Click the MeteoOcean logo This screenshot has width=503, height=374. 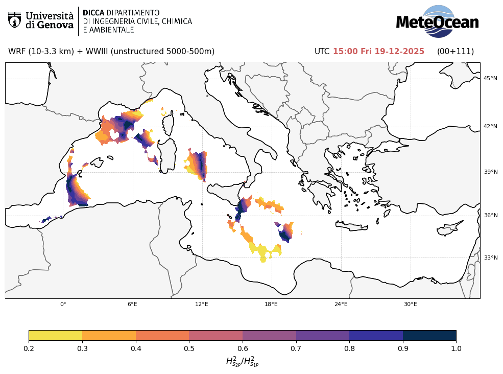(437, 21)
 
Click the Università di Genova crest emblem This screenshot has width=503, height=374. (14, 20)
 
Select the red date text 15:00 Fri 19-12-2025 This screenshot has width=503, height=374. (378, 52)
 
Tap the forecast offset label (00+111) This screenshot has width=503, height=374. (455, 52)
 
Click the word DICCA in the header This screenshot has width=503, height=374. (93, 12)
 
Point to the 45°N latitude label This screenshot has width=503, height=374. (490, 78)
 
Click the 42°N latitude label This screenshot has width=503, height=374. (490, 126)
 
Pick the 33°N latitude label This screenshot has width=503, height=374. (490, 258)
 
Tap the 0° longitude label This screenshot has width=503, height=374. (63, 305)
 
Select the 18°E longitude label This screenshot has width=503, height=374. (271, 305)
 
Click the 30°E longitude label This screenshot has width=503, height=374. (410, 305)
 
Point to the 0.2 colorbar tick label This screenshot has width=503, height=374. (29, 348)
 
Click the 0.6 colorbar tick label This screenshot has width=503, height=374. (243, 348)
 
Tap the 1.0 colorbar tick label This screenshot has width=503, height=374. (456, 348)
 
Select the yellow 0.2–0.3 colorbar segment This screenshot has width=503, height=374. (55, 335)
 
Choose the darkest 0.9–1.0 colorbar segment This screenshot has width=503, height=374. (429, 335)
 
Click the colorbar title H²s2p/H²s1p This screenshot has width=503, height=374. (242, 362)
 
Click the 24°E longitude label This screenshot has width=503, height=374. (341, 305)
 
